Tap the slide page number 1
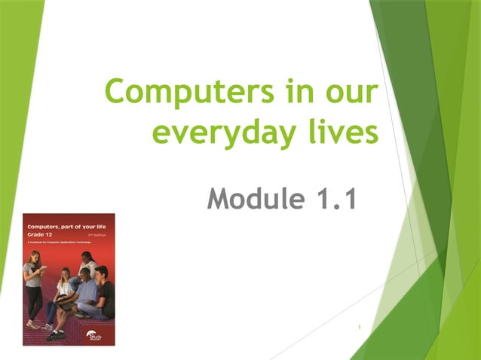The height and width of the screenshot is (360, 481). (360, 328)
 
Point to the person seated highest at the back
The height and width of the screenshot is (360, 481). (87, 265)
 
